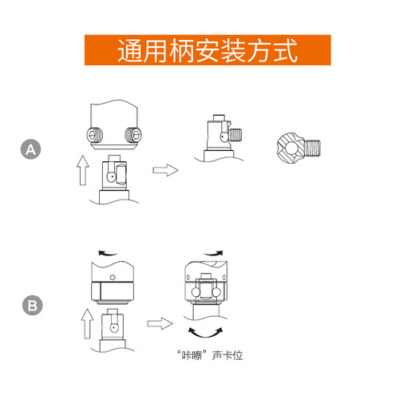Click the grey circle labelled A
pos(30,149)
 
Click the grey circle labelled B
pos(33,306)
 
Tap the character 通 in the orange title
pos(129,50)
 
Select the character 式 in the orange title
pos(286,50)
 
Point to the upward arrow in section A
pos(83,170)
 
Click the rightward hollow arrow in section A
pos(165,170)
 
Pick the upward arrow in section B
pos(87,324)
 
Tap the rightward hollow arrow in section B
pos(160,323)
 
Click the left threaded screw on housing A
pos(95,135)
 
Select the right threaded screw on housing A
pos(133,135)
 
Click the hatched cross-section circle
pos(290,148)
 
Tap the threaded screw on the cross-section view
pos(313,148)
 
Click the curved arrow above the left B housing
pos(108,254)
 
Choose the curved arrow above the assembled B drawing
pos(213,254)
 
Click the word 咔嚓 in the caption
pos(192,355)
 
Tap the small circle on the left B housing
pos(113,278)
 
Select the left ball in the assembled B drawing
pos(196,292)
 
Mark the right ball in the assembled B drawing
pos(216,292)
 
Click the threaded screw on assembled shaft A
pos(235,135)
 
